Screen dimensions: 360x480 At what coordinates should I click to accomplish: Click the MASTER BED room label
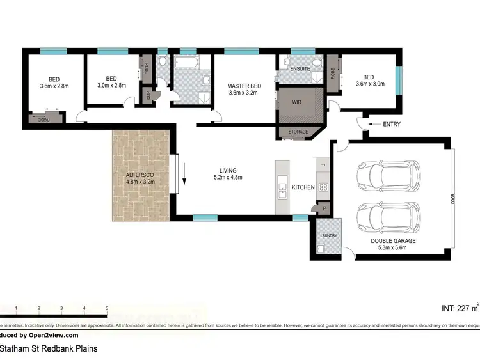(244, 86)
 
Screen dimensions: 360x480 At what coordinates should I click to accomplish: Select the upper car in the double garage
(388, 176)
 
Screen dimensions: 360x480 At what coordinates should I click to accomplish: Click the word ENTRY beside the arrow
(391, 124)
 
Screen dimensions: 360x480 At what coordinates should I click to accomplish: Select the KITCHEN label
(303, 188)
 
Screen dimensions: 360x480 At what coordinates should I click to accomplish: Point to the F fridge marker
(323, 166)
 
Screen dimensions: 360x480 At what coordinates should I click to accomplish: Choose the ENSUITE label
(300, 68)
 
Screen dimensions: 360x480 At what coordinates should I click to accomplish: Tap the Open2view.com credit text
(52, 335)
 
